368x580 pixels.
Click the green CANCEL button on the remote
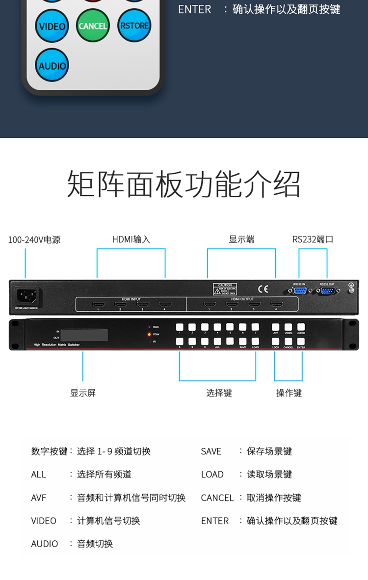93,26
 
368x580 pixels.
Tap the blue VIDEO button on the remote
52,26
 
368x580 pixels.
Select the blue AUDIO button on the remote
52,65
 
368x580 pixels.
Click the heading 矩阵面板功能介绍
184,184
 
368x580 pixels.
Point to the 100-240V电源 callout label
34,240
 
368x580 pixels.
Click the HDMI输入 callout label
131,239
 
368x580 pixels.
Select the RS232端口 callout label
313,239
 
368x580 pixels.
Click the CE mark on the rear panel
263,289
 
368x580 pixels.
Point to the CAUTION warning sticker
225,289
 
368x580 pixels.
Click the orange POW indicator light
149,334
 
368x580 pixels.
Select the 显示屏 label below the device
83,393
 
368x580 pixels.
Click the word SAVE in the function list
211,451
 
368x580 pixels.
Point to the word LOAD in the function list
212,475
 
